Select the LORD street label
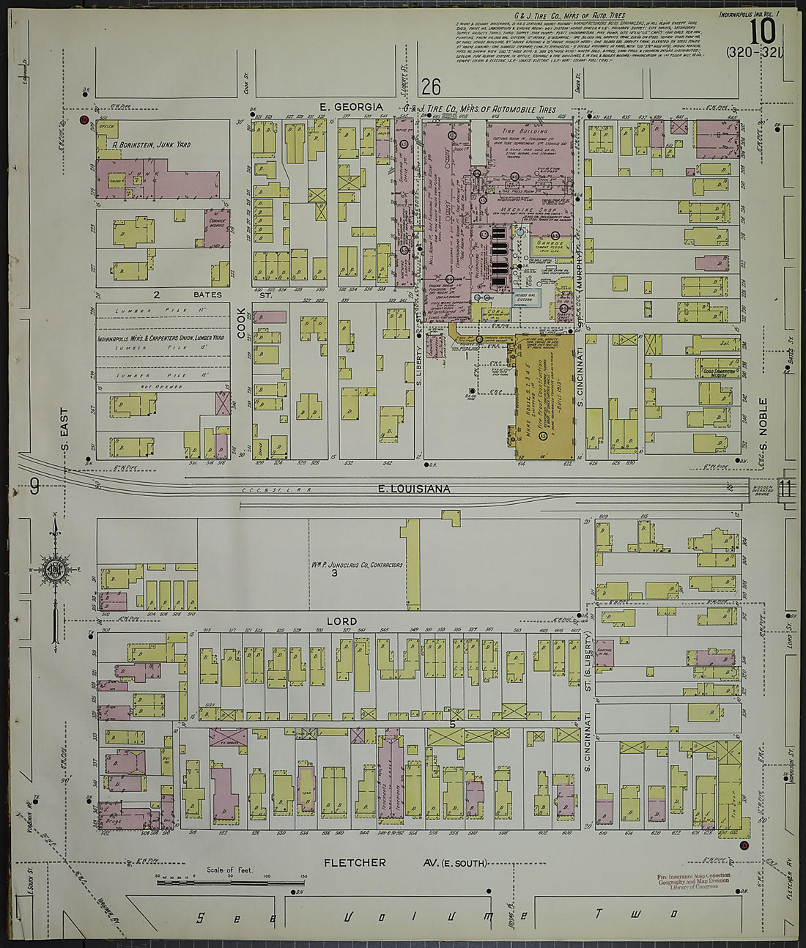(x=341, y=621)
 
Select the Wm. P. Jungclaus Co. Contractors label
(x=356, y=565)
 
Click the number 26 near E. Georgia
(x=431, y=88)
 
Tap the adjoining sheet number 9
(x=34, y=486)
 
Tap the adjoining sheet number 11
(x=786, y=487)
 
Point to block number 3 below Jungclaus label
(x=334, y=573)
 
